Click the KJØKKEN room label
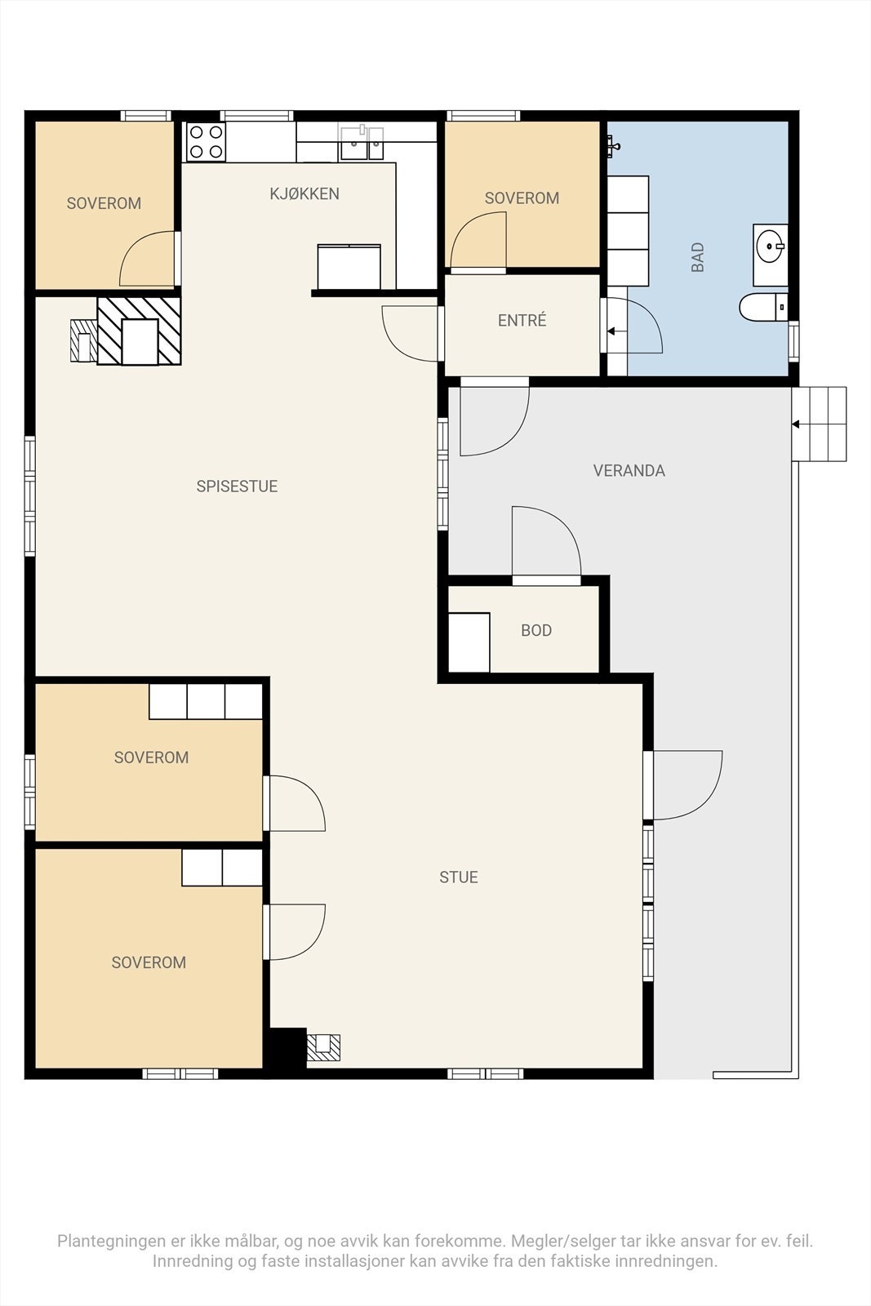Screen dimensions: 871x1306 click(x=304, y=193)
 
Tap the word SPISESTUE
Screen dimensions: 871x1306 click(x=237, y=486)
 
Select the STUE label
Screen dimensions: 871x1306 click(x=459, y=877)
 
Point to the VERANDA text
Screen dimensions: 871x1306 click(x=629, y=470)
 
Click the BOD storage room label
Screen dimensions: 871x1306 click(x=536, y=630)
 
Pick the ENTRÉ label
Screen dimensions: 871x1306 click(x=522, y=320)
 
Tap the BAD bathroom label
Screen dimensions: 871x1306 click(x=697, y=257)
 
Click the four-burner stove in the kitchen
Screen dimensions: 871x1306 click(x=206, y=142)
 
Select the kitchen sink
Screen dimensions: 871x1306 click(x=362, y=143)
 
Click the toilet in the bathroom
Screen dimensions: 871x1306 click(x=763, y=307)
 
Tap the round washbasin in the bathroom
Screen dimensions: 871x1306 click(x=771, y=247)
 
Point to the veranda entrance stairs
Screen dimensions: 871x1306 click(x=819, y=424)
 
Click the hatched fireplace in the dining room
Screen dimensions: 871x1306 click(x=139, y=331)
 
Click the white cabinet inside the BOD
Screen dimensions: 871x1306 click(x=469, y=642)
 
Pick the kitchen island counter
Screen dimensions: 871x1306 click(x=349, y=266)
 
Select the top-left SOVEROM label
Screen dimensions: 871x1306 click(x=104, y=203)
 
